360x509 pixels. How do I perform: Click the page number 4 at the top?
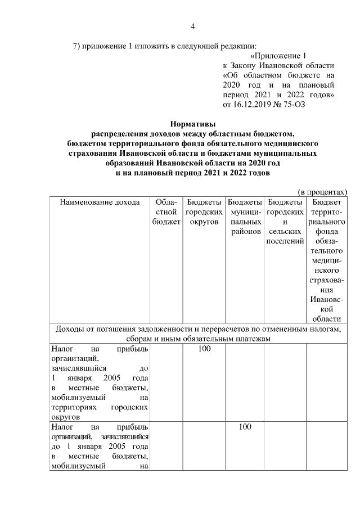(x=192, y=26)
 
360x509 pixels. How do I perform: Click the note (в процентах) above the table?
(x=322, y=192)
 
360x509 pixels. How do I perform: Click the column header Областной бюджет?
(x=166, y=211)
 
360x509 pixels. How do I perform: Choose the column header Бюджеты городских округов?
(x=203, y=211)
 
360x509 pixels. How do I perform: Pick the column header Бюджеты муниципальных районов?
(x=244, y=216)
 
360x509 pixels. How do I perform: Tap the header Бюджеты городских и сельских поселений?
(x=285, y=221)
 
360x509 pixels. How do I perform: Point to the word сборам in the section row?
(x=138, y=339)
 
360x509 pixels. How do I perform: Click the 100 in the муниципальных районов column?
(x=244, y=427)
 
